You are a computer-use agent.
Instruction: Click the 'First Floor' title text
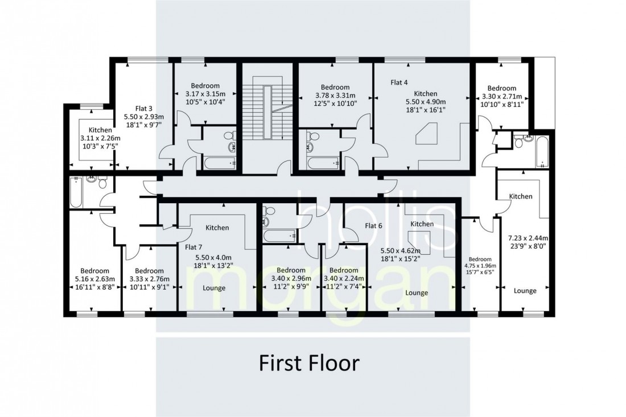pyautogui.click(x=310, y=363)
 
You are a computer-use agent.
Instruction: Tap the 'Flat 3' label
pyautogui.click(x=144, y=108)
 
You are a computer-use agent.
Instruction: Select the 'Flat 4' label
pyautogui.click(x=400, y=82)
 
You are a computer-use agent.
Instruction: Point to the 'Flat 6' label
pyautogui.click(x=373, y=225)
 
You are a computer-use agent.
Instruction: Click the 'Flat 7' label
pyautogui.click(x=193, y=247)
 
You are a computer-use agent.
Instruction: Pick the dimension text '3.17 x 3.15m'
pyautogui.click(x=205, y=94)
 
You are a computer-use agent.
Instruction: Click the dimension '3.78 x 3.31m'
pyautogui.click(x=335, y=96)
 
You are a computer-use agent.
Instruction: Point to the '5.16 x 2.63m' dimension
pyautogui.click(x=95, y=279)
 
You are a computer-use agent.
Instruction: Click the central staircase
pyautogui.click(x=268, y=113)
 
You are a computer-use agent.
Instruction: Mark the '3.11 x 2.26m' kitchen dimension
pyautogui.click(x=100, y=138)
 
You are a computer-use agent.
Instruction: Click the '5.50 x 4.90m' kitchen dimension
pyautogui.click(x=426, y=101)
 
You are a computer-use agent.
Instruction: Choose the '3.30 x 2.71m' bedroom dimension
pyautogui.click(x=502, y=96)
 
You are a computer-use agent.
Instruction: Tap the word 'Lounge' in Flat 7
pyautogui.click(x=214, y=288)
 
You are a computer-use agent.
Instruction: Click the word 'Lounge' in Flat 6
pyautogui.click(x=417, y=293)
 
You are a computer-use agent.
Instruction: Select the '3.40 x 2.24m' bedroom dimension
pyautogui.click(x=344, y=278)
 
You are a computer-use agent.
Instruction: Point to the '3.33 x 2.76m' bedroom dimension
pyautogui.click(x=149, y=279)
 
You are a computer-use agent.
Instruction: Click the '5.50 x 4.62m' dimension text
pyautogui.click(x=401, y=251)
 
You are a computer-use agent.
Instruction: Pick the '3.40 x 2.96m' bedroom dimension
pyautogui.click(x=291, y=278)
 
